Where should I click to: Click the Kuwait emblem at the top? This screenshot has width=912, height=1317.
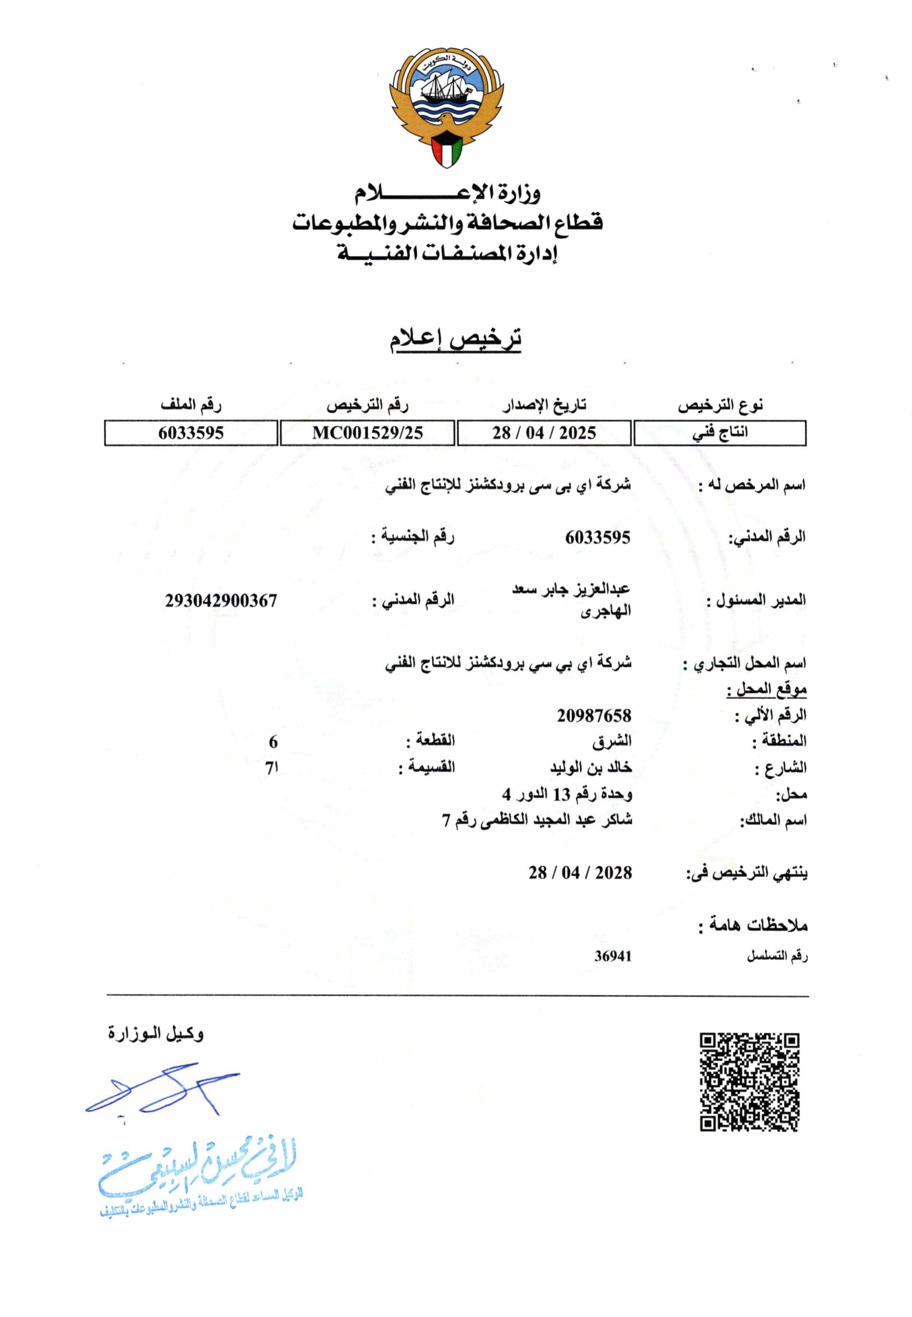447,109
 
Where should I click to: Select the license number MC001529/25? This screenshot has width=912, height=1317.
367,433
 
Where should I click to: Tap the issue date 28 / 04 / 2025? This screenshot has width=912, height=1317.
544,433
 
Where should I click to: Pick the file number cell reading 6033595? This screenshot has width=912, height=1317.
191,433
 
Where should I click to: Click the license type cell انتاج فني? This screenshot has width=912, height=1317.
720,433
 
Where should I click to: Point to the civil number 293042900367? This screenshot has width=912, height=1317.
221,600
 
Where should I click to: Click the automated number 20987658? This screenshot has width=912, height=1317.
594,716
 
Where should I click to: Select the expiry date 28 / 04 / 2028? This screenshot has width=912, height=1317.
580,873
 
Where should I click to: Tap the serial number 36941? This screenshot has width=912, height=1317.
613,956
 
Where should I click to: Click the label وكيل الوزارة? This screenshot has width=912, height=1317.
156,1034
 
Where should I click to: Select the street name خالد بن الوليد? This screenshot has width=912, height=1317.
591,768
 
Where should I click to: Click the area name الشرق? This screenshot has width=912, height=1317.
612,742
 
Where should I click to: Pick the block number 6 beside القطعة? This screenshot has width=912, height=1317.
273,742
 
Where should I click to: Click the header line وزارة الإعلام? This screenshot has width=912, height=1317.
447,194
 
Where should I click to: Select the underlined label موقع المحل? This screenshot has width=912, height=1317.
766,690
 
